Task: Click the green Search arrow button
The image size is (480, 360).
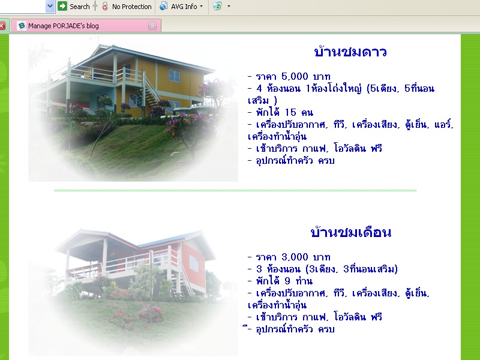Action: click(62, 6)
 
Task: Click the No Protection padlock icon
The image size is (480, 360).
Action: click(105, 6)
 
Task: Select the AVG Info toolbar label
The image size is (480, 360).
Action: click(184, 7)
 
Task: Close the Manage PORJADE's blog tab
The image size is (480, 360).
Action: click(152, 26)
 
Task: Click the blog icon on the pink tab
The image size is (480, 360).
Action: click(22, 26)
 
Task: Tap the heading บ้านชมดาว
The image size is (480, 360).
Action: click(350, 52)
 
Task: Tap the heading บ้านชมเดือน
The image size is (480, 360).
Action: click(351, 232)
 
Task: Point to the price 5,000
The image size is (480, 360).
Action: click(295, 76)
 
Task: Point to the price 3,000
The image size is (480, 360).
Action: click(295, 257)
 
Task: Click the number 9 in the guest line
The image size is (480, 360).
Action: click(287, 281)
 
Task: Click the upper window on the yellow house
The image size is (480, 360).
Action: click(174, 76)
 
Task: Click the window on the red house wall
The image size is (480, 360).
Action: click(193, 263)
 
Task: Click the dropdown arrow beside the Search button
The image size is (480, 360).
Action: click(50, 6)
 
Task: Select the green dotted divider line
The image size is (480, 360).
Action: click(235, 190)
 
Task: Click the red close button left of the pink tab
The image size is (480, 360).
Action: click(2, 26)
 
